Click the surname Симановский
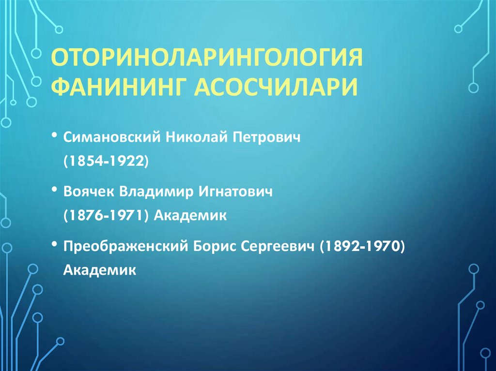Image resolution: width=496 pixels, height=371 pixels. (112, 138)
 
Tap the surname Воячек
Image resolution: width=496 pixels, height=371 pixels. (87, 192)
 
